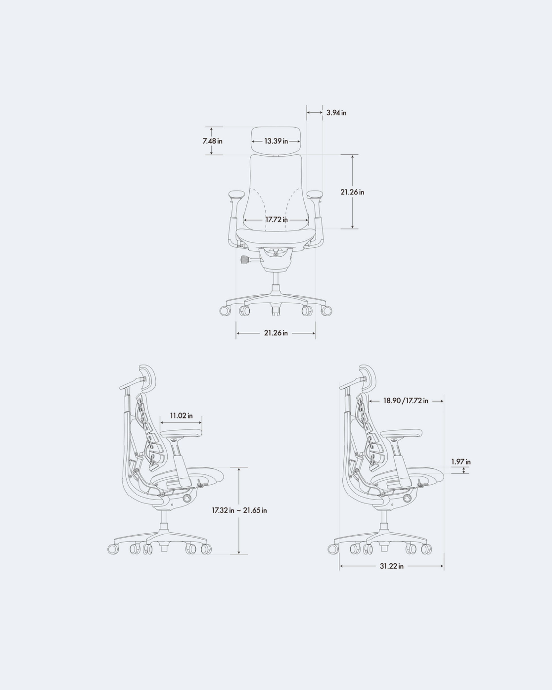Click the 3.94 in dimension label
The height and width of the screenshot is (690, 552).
click(336, 113)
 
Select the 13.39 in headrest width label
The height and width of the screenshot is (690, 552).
click(276, 141)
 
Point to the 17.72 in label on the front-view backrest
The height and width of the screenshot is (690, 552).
click(276, 220)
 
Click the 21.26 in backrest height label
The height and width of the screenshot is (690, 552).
click(352, 192)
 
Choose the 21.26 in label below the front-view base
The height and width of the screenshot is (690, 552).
click(276, 333)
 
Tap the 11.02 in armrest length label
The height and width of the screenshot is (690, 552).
click(181, 415)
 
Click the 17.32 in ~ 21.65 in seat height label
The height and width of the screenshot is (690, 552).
click(239, 510)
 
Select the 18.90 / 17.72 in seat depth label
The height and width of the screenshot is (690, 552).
click(406, 401)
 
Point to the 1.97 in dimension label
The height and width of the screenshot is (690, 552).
click(461, 462)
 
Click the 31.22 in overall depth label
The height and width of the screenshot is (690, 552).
click(391, 566)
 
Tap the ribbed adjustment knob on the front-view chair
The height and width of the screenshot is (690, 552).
click(246, 259)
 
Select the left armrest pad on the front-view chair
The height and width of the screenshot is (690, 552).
click(237, 194)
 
